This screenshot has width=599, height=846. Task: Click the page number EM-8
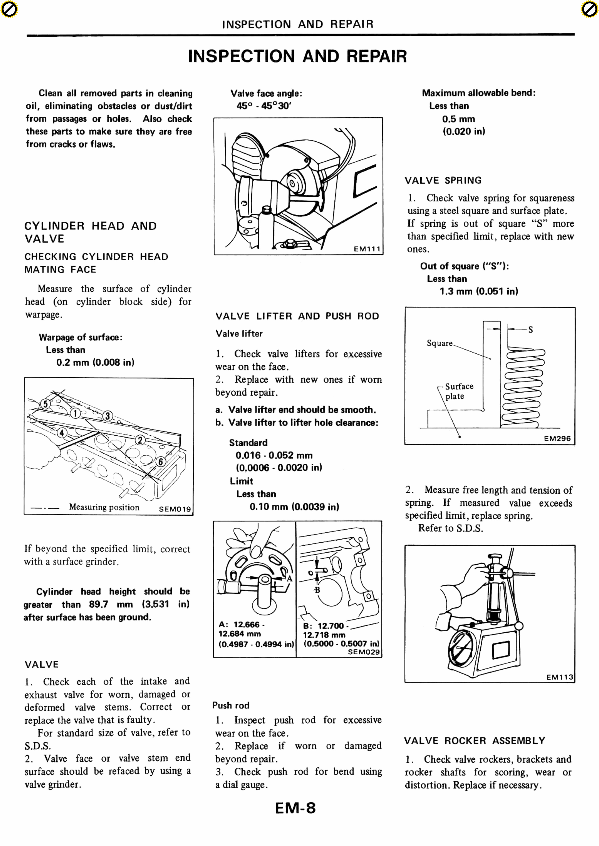(x=295, y=808)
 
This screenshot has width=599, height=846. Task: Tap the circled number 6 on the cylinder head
(x=161, y=462)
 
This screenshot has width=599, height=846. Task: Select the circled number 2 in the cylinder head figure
(x=140, y=440)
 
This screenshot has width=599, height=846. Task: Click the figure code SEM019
(x=175, y=509)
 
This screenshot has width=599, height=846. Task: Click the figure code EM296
(x=557, y=439)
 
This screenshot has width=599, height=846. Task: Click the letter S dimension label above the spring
(x=530, y=329)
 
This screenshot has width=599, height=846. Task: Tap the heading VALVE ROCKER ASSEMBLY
(x=474, y=741)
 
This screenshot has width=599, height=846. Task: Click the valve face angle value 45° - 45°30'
(x=264, y=106)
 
